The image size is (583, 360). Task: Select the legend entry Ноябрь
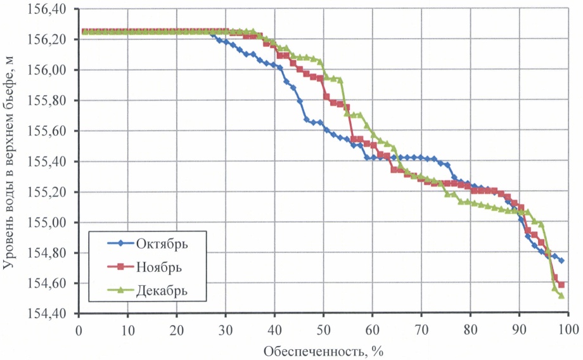tap(158, 267)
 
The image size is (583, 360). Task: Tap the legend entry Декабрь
tap(162, 290)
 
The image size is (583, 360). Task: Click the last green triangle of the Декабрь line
tap(561, 295)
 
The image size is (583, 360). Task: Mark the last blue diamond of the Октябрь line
tap(561, 260)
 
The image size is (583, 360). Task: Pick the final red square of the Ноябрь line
tap(561, 285)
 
